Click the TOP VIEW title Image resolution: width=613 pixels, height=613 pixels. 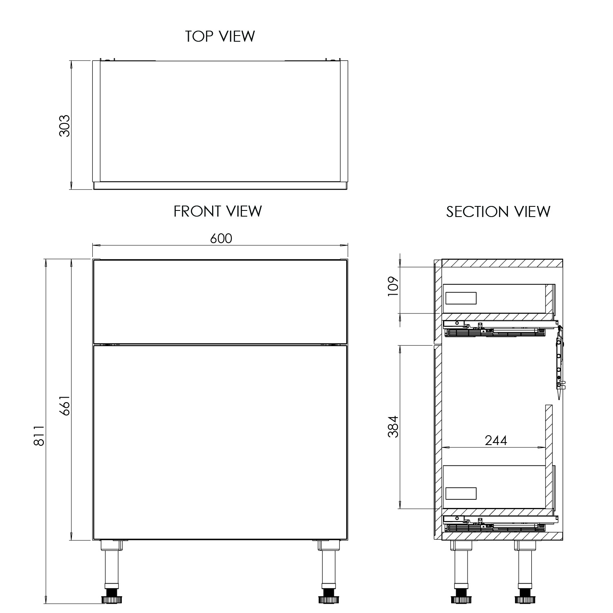pos(220,36)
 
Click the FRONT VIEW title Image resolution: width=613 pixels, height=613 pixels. pos(217,211)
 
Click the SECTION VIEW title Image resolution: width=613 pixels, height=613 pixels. pos(498,212)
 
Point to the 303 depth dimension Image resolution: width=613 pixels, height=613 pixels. pos(65,125)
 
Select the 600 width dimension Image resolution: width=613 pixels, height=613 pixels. pos(221,238)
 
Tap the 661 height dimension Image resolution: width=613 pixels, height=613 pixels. pos(65,405)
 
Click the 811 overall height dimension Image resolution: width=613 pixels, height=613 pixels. pos(39,436)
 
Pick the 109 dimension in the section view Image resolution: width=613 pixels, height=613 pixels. pos(393,287)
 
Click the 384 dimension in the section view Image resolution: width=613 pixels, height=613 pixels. pos(393,427)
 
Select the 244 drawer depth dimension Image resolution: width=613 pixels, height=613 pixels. pos(496,440)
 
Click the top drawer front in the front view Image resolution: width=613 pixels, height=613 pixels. pos(220,302)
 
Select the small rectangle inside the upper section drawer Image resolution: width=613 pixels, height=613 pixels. pos(461,298)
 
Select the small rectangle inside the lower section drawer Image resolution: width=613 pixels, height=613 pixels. pos(461,493)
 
